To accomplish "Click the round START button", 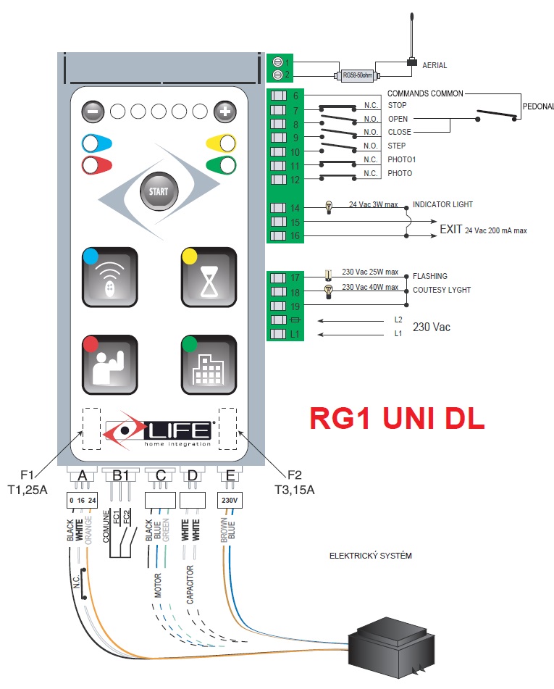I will [158, 191].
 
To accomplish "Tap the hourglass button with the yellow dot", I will [209, 276].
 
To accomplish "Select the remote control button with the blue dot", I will [109, 276].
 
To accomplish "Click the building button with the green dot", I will [209, 364].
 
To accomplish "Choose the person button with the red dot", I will [109, 364].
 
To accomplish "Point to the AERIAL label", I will [435, 65].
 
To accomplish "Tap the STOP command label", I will [397, 105].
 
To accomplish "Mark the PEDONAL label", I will [537, 106].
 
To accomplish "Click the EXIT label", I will [450, 230].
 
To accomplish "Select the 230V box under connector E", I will [229, 500].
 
